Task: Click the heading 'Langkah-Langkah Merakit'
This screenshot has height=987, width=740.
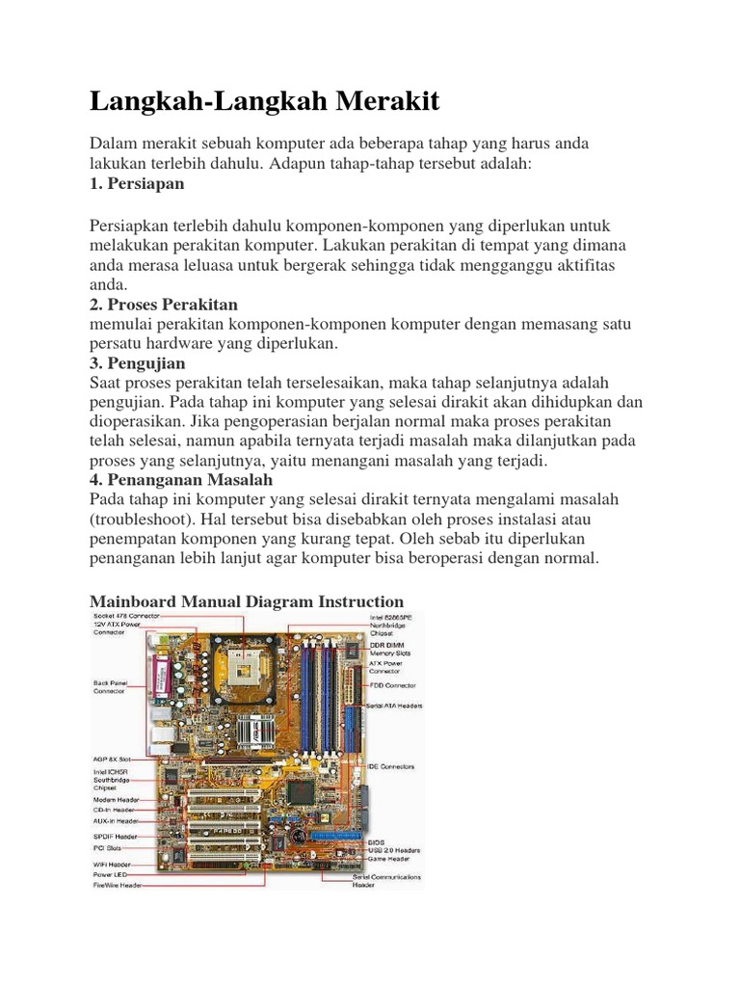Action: click(x=264, y=101)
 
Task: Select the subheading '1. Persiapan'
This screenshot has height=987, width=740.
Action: click(x=136, y=183)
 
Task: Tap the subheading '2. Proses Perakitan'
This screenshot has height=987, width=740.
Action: click(x=163, y=305)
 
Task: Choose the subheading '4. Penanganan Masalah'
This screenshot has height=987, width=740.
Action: click(x=181, y=479)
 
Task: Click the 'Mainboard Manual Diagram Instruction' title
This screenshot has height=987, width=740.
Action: click(x=247, y=601)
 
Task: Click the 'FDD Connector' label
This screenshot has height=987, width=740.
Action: click(x=392, y=684)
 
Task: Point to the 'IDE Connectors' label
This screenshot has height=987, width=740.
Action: click(x=390, y=767)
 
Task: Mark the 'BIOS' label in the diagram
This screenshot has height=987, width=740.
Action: click(x=377, y=841)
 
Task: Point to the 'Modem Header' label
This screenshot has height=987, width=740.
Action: click(x=116, y=799)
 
